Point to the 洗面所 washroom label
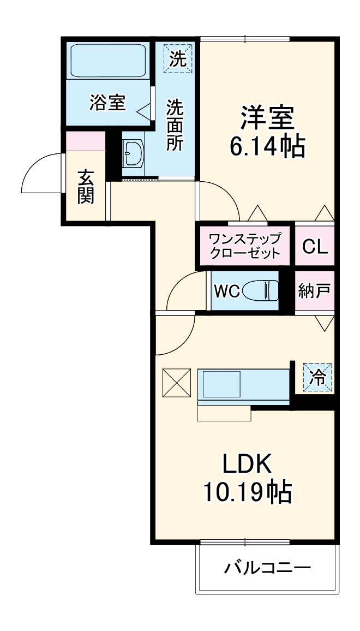[175, 124]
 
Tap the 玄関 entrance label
[86, 187]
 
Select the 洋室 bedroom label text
[267, 116]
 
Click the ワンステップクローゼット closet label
[245, 246]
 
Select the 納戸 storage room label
[314, 290]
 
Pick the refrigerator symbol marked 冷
[317, 377]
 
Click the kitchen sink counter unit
[243, 385]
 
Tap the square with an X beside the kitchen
[176, 383]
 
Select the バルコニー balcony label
[267, 568]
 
